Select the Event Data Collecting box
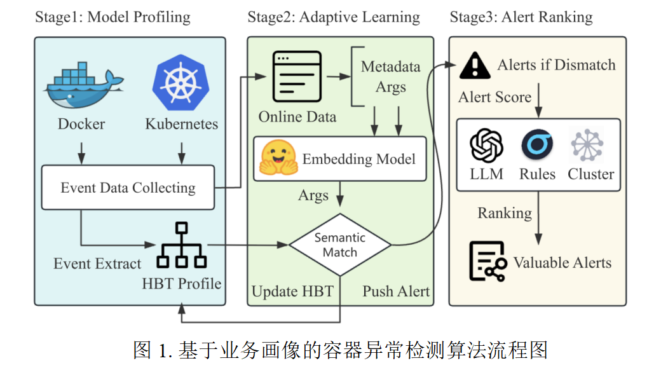[128, 188]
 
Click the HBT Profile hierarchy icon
[182, 248]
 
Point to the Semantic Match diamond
[340, 245]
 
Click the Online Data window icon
[297, 77]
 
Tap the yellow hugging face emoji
[278, 158]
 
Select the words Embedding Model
[358, 158]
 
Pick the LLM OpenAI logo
[486, 145]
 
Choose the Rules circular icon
[537, 145]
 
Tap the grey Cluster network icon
[587, 145]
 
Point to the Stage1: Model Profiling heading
[112, 17]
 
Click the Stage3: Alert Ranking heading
[521, 17]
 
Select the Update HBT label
[292, 292]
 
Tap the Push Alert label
[396, 292]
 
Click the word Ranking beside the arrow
[505, 212]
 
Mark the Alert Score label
[494, 97]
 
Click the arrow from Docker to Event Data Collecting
[81, 151]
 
